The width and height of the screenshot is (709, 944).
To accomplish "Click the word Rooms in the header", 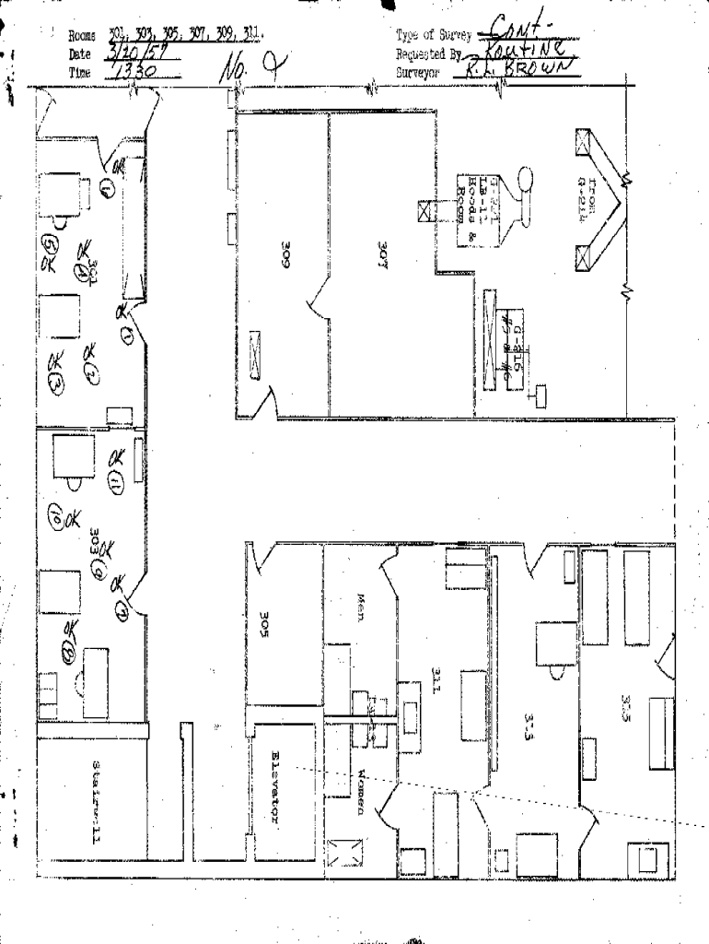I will [82, 36].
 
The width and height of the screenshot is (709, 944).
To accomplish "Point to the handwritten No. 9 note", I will [248, 66].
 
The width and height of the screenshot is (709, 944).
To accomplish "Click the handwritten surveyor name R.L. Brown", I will [521, 69].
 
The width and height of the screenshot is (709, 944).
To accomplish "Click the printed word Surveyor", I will [419, 71].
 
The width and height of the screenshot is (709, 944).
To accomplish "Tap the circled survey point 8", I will [67, 651].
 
